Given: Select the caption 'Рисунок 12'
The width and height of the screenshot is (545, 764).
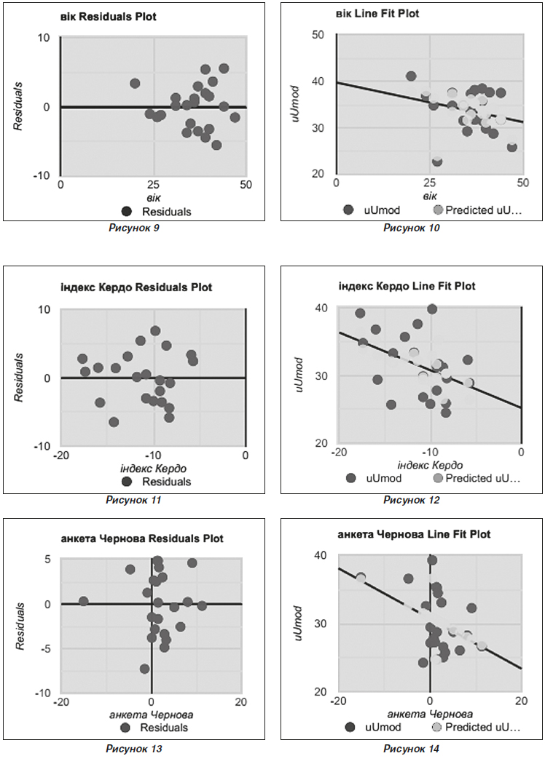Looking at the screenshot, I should click(412, 500).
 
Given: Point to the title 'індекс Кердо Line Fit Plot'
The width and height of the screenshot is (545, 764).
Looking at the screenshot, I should click(407, 286).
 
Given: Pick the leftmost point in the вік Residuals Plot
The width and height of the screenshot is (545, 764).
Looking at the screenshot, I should click(135, 84).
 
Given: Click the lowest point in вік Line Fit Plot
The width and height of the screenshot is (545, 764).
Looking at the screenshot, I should click(437, 161).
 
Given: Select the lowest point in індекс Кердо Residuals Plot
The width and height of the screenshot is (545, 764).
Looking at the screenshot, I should click(114, 422).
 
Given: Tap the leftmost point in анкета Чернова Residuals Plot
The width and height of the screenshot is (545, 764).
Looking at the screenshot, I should click(83, 601).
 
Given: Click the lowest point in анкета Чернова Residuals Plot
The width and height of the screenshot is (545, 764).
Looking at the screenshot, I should click(144, 669).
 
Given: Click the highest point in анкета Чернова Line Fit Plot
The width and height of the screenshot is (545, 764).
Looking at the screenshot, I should click(432, 560).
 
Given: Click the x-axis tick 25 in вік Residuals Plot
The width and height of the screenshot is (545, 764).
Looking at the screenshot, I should click(153, 185).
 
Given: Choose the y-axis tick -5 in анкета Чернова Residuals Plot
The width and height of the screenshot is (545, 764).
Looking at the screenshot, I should click(44, 648).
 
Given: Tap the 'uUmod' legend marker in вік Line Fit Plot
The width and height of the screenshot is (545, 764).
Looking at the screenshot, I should click(348, 210).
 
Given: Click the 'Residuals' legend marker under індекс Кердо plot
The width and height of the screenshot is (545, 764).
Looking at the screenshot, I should click(127, 482).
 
